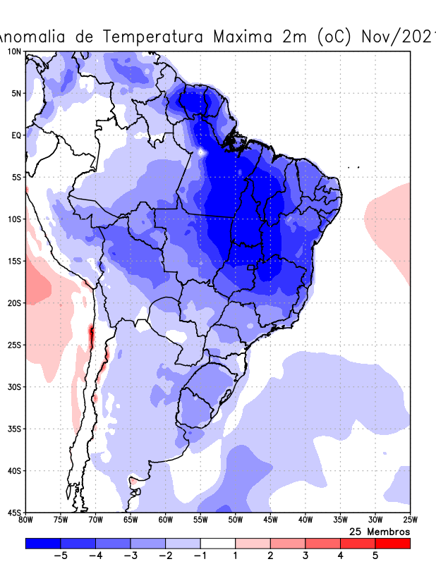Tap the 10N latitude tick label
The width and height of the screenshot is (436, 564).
pyautogui.click(x=14, y=51)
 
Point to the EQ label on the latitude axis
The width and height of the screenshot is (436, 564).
pyautogui.click(x=16, y=135)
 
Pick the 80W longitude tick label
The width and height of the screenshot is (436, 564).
pyautogui.click(x=26, y=520)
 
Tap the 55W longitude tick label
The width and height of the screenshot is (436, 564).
pyautogui.click(x=200, y=520)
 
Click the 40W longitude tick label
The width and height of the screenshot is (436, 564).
pyautogui.click(x=305, y=520)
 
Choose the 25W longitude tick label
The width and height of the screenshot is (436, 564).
pyautogui.click(x=410, y=520)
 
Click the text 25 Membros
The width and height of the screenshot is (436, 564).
pyautogui.click(x=380, y=531)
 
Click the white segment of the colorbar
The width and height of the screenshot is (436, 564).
pyautogui.click(x=218, y=544)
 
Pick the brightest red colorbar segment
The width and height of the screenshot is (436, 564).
pyautogui.click(x=393, y=544)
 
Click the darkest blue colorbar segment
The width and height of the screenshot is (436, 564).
pyautogui.click(x=43, y=544)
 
